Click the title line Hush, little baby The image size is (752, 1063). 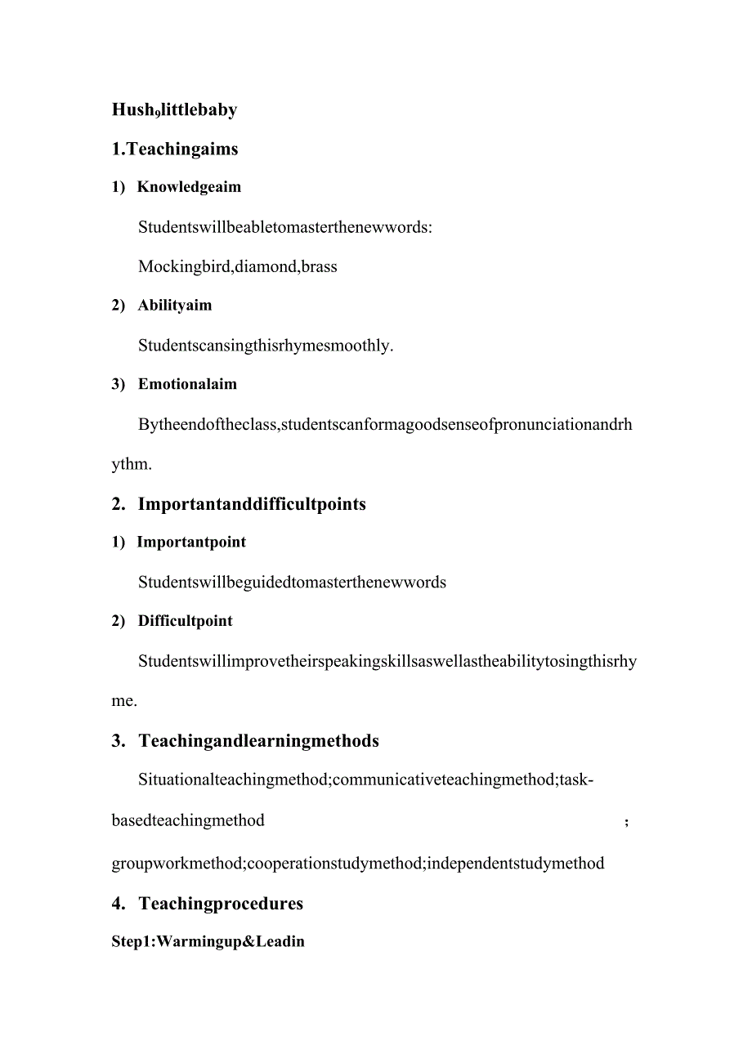point(174,109)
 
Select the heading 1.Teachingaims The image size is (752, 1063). point(175,149)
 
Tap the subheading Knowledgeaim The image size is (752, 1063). point(189,187)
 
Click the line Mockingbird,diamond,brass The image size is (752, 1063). point(237,266)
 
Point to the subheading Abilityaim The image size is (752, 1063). point(174,306)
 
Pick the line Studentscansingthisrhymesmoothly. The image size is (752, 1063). point(266,345)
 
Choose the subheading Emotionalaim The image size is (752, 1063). point(187,384)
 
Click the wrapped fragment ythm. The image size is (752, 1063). point(132,464)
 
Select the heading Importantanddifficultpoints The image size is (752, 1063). point(251,504)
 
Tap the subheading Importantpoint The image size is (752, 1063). point(191,543)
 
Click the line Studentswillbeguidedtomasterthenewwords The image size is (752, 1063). point(292,583)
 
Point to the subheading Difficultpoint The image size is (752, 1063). point(185,621)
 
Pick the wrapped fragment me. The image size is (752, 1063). point(124,701)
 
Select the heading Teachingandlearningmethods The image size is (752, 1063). point(258,741)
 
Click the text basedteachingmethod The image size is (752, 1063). point(188,820)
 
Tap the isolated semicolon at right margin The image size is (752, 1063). point(626,822)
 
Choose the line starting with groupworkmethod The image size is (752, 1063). point(358,863)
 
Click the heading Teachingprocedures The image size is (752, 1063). point(221,904)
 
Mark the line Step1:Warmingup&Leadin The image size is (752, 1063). point(208,941)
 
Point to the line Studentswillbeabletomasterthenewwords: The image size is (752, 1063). point(285,227)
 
